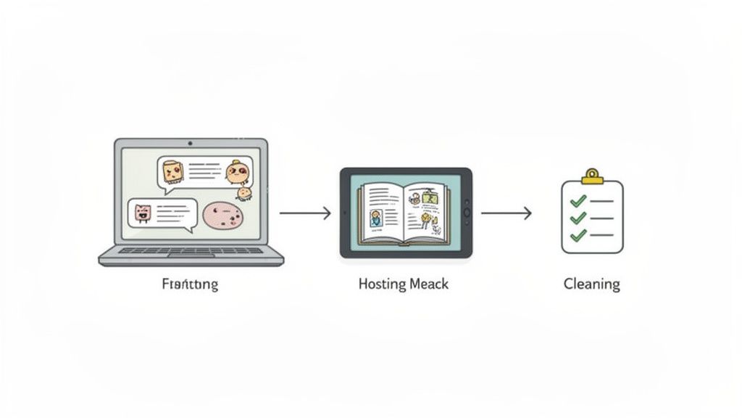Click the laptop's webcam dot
[190, 144]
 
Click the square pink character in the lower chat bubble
[141, 213]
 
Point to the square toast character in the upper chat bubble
[172, 171]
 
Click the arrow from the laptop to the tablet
[305, 213]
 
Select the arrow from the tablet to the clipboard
[506, 213]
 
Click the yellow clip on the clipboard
[593, 176]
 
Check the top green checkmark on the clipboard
[578, 201]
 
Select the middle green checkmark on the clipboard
[578, 218]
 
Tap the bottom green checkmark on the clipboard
[578, 235]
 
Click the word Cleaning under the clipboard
[591, 284]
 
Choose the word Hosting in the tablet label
[382, 284]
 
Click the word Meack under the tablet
[428, 284]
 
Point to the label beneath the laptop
[190, 284]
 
